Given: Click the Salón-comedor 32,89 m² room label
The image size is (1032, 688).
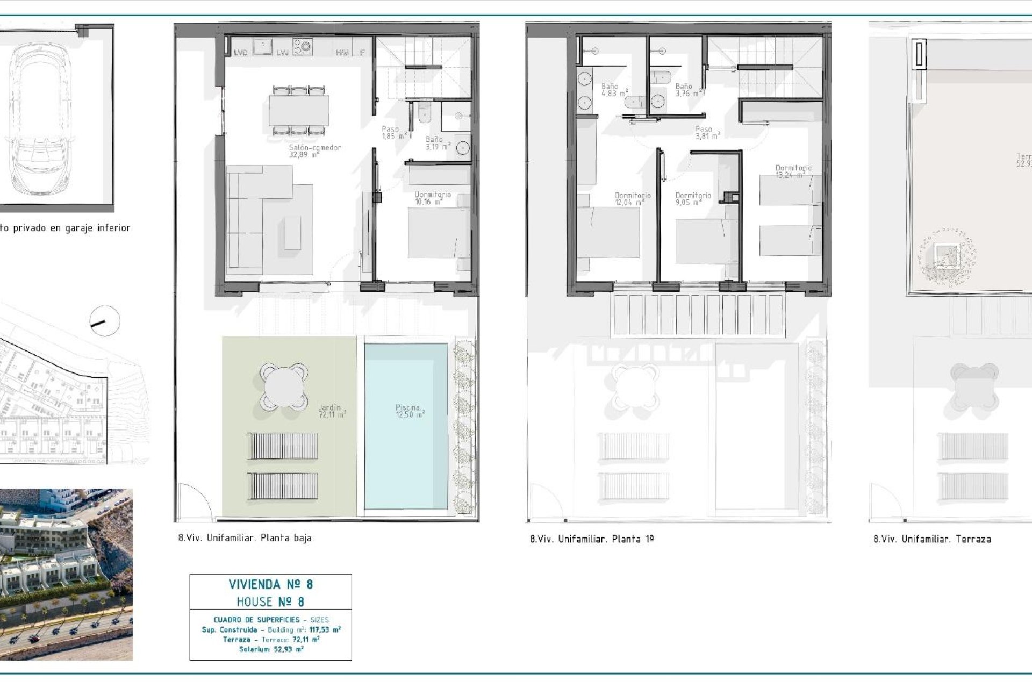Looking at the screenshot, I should [x=314, y=150].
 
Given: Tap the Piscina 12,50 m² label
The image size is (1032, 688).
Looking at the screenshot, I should [x=410, y=411].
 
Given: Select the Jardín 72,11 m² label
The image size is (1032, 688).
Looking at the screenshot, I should [x=332, y=411].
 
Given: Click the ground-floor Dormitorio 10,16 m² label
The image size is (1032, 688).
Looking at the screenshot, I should [x=432, y=198].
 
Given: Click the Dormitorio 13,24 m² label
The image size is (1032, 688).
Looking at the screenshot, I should [x=793, y=171].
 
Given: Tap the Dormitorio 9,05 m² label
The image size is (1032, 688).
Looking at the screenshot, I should [x=692, y=199].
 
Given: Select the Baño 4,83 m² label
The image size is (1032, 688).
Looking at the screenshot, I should [x=613, y=89].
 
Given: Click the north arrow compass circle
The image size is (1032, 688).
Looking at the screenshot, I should [x=104, y=321].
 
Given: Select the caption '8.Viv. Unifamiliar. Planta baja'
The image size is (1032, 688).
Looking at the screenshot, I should [x=245, y=537].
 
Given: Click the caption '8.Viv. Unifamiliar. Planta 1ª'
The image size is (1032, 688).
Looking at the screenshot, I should [x=591, y=539].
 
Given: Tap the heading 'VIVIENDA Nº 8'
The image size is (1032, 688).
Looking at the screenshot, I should [x=270, y=584].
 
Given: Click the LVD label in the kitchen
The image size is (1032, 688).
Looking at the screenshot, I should [x=240, y=53].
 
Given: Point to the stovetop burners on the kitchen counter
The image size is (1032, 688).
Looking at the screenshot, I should [x=302, y=46].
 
